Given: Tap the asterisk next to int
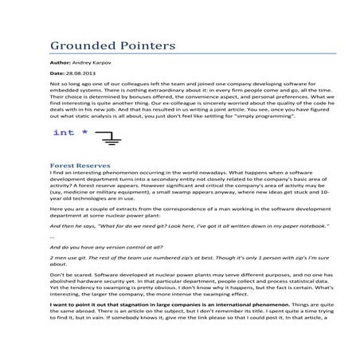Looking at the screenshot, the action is coord(85,131).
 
